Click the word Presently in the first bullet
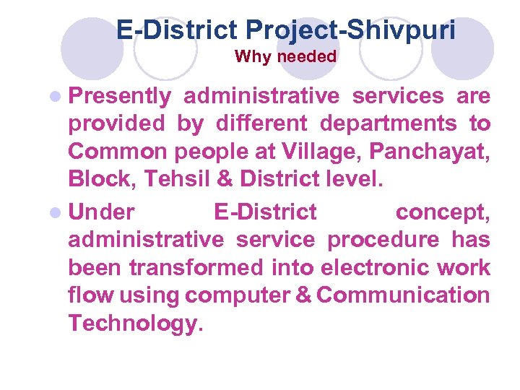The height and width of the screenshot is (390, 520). click(x=119, y=97)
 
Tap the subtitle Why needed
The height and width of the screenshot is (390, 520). click(x=285, y=56)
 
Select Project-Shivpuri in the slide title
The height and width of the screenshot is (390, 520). click(x=350, y=30)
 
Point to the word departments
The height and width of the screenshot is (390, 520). click(x=388, y=124)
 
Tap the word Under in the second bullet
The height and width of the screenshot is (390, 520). click(x=101, y=212)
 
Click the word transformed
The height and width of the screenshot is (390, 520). click(x=196, y=267)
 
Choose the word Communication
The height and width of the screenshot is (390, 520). click(x=403, y=295)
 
